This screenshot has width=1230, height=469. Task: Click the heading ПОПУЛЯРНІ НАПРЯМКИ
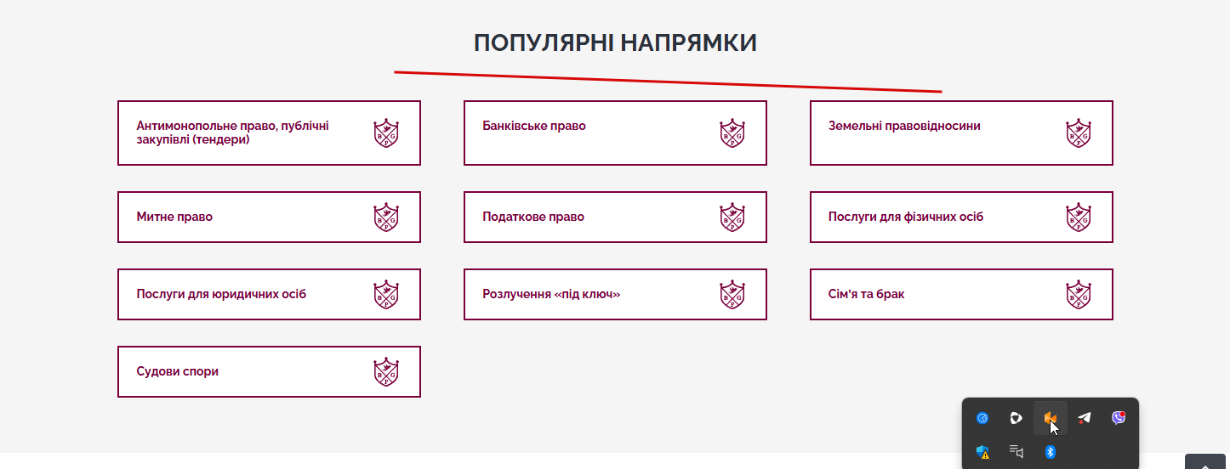tap(615, 42)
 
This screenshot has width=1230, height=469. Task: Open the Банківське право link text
tap(533, 126)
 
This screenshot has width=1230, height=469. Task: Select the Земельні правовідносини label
tap(904, 126)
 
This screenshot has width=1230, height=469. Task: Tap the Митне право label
tap(174, 217)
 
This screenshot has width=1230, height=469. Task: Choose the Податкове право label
tap(533, 217)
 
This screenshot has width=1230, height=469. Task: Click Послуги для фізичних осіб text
tap(905, 217)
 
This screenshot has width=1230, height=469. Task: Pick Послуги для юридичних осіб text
tap(221, 294)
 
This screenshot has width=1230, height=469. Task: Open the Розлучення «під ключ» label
tap(551, 294)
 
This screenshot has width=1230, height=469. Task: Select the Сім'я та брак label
tap(866, 294)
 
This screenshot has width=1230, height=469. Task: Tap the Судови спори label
tap(178, 371)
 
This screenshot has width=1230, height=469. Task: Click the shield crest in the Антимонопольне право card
tap(386, 133)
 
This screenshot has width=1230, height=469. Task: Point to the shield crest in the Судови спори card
tap(386, 372)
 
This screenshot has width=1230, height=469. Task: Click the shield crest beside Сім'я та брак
tap(1079, 295)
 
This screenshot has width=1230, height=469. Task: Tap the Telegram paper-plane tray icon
tap(1084, 418)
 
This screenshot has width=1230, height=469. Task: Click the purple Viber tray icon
tap(1119, 418)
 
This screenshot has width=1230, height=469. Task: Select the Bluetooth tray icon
tap(1050, 452)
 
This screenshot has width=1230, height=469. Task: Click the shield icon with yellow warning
tap(982, 452)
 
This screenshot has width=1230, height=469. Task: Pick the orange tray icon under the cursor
tap(1050, 418)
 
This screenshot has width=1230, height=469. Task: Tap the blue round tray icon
tap(982, 418)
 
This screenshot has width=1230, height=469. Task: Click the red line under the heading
tap(669, 82)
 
